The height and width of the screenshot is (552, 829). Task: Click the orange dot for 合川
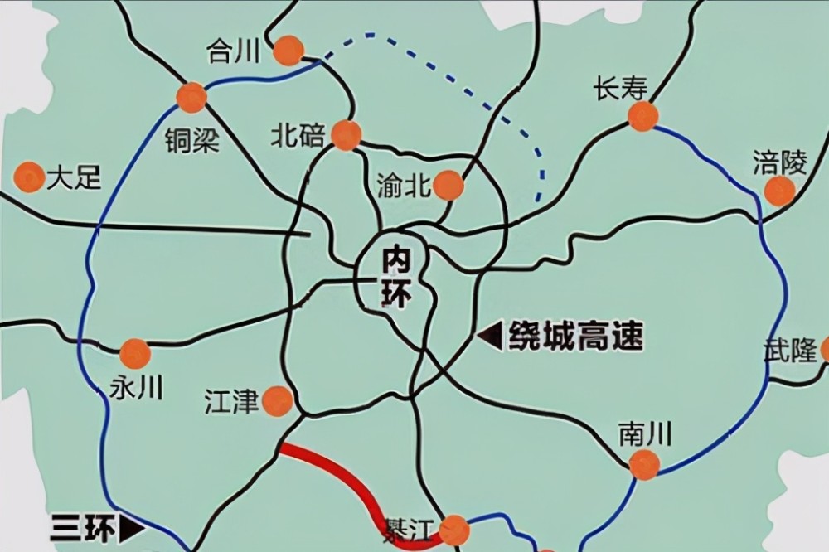(x=288, y=51)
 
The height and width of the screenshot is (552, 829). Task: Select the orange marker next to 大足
(x=30, y=177)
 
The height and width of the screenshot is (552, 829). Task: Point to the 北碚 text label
(x=298, y=135)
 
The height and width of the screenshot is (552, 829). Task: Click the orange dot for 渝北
(x=448, y=186)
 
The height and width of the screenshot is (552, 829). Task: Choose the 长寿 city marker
(x=642, y=116)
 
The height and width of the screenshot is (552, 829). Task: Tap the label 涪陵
(x=779, y=162)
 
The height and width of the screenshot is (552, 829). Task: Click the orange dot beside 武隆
(x=826, y=350)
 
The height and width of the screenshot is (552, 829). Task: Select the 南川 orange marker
(x=644, y=465)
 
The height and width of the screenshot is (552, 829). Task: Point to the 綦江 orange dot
(x=453, y=530)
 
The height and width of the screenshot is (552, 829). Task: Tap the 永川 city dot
(x=134, y=354)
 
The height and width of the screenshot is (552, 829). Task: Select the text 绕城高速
(x=576, y=336)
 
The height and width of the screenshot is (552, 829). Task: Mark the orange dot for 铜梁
(x=191, y=97)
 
